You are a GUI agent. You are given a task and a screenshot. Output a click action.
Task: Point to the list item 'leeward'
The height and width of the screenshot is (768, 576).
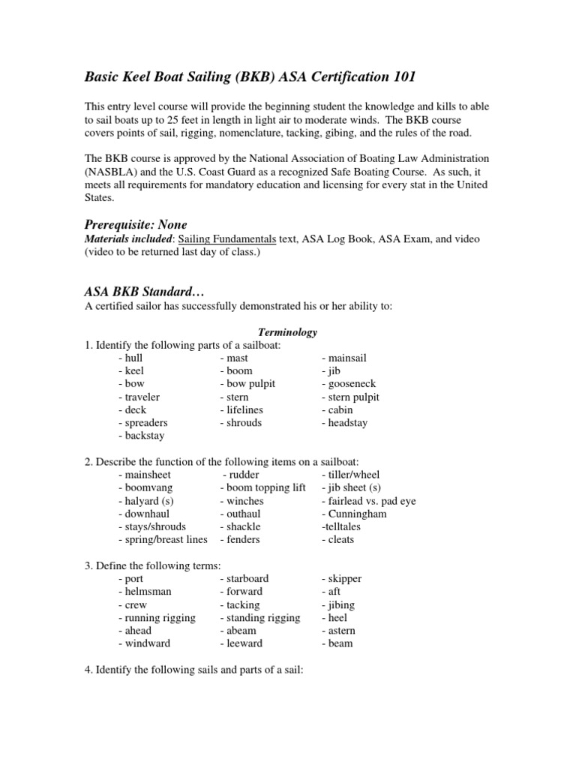(241, 643)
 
